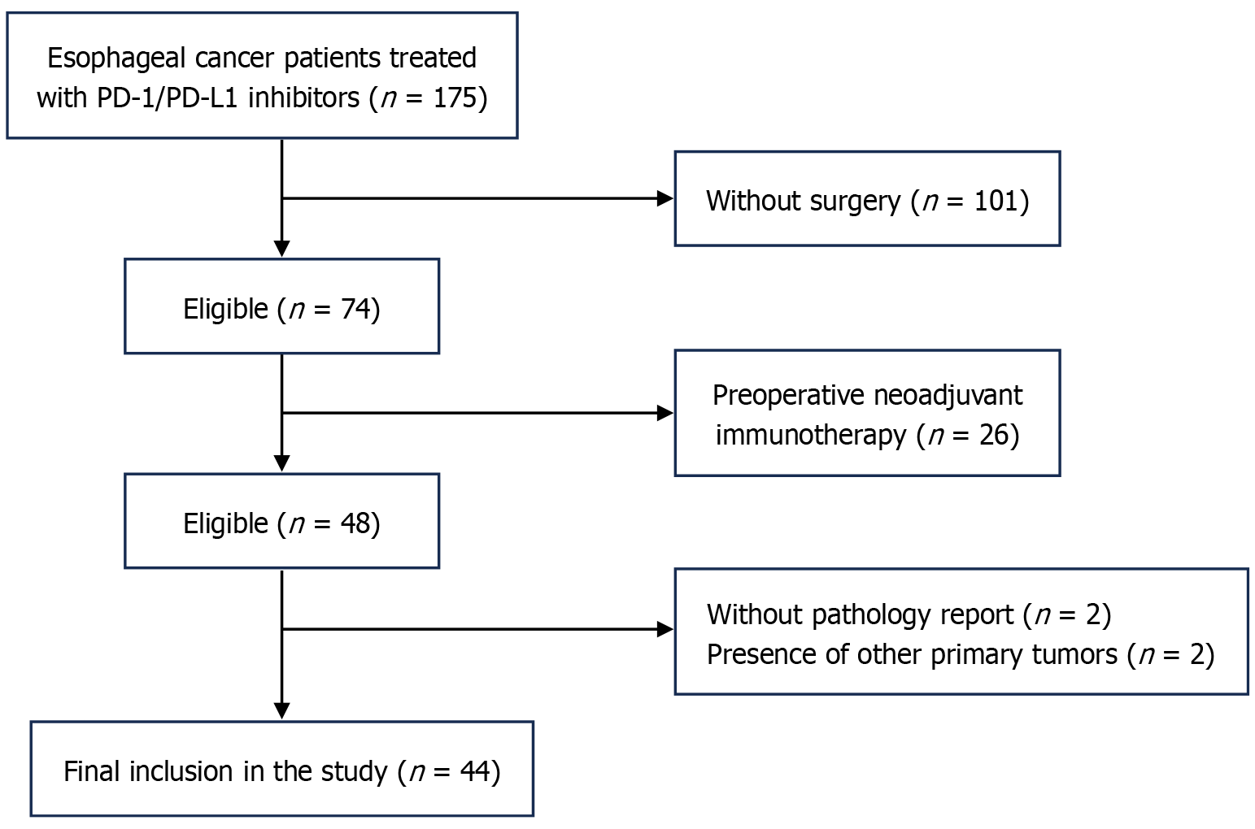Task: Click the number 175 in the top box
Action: pos(455,98)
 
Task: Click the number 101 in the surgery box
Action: pos(996,201)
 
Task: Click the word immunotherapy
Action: pos(811,436)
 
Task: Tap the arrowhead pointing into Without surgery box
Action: pos(665,198)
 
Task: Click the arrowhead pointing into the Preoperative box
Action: pos(665,413)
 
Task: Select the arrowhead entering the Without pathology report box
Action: pos(665,629)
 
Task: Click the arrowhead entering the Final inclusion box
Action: pos(281,711)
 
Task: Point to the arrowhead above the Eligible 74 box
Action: pos(281,249)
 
